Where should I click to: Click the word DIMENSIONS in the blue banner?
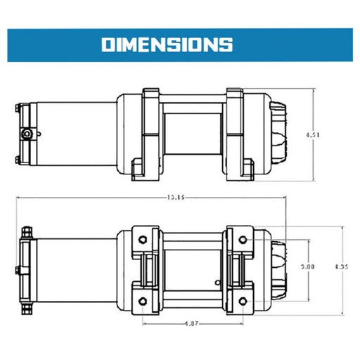(167, 44)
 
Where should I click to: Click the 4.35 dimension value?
(341, 267)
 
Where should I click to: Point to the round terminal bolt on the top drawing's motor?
(27, 134)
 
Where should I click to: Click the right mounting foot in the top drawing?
(244, 169)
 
